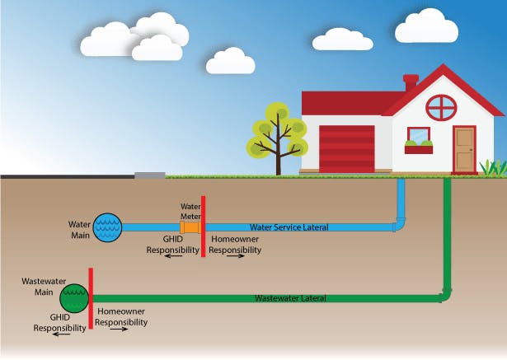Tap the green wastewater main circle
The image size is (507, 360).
tap(74, 297)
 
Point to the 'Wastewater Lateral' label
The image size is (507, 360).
tap(290, 297)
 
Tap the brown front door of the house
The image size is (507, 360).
tap(464, 149)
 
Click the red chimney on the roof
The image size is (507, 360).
tap(411, 83)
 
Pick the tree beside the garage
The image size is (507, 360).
tap(277, 138)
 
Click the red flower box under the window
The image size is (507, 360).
tap(419, 149)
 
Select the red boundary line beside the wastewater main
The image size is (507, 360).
tap(90, 298)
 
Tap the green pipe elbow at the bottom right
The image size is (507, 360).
tap(447, 293)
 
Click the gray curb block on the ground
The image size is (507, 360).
tap(149, 175)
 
